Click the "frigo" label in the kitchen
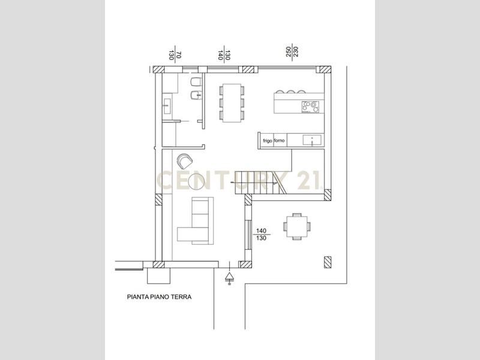(x=267, y=141)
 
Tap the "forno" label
(x=279, y=140)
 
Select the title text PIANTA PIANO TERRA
(x=159, y=296)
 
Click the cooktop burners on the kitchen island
(x=310, y=107)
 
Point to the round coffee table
(x=197, y=182)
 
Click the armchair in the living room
(x=184, y=161)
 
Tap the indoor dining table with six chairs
(x=232, y=103)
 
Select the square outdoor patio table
(x=296, y=227)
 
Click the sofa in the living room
(x=196, y=221)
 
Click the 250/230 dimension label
(x=292, y=52)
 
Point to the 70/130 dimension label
(x=175, y=55)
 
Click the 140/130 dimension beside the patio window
(x=261, y=234)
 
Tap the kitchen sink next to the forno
(x=312, y=140)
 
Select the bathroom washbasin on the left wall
(x=167, y=106)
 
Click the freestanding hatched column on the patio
(x=328, y=262)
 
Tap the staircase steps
(x=260, y=183)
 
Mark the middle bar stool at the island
(x=290, y=92)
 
